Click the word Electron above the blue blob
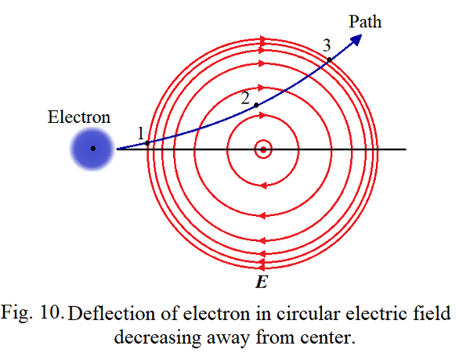(79, 117)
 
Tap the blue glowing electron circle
(93, 149)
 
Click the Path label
(365, 22)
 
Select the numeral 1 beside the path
(141, 134)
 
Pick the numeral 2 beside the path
(245, 99)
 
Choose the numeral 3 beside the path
(327, 45)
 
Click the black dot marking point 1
(147, 142)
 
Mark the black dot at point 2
(256, 105)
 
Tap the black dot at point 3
(329, 59)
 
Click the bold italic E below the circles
(262, 280)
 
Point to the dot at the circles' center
(263, 149)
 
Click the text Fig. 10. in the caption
(38, 314)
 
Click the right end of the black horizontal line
(404, 149)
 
